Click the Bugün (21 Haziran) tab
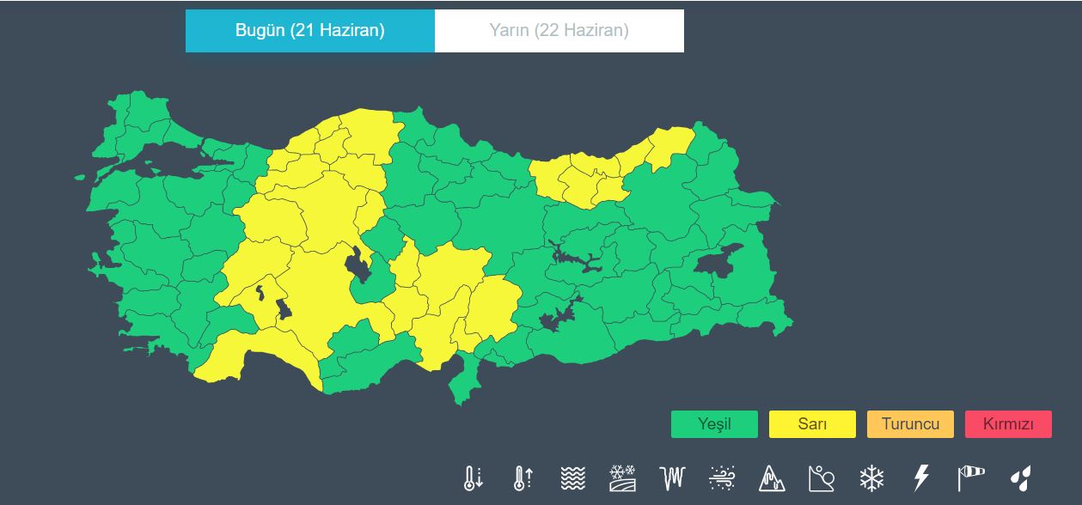pos(309,31)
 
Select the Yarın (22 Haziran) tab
pos(559,31)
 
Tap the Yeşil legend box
pos(714,424)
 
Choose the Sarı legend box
pos(812,424)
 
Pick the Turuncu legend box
pos(910,424)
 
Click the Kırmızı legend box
pos(1008,424)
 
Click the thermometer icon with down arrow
pos(473,478)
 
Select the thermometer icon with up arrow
pos(523,478)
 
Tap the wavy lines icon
pos(572,478)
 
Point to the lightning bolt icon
pos(921,478)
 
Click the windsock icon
pos(971,478)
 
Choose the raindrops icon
pos(1021,478)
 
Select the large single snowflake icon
pos(871,478)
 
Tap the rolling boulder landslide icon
pos(822,478)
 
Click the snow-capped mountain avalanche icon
pos(772,478)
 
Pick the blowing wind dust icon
pos(722,478)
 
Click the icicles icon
pos(672,478)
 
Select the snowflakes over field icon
pos(622,478)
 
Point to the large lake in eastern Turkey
pos(718,261)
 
